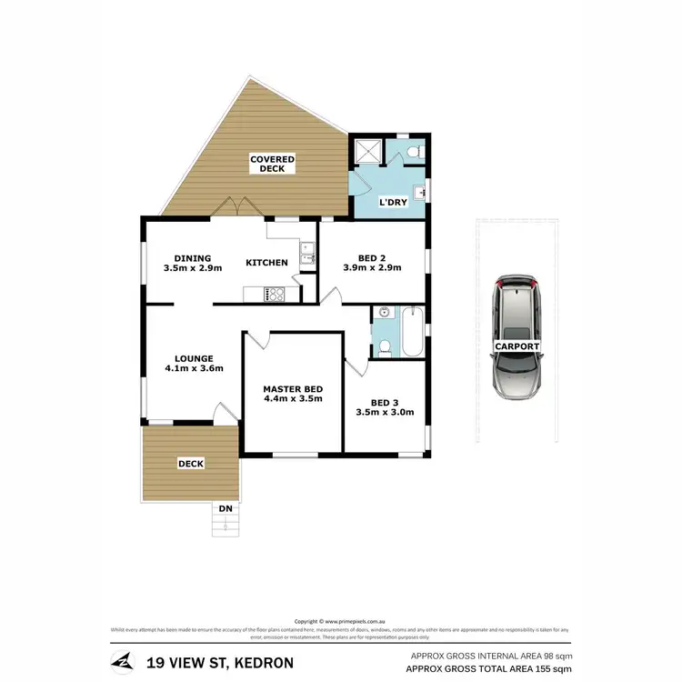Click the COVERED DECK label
click(272, 164)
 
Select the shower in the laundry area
click(367, 152)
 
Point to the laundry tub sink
click(419, 192)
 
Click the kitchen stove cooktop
click(275, 293)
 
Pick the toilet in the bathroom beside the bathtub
click(384, 347)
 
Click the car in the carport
click(517, 336)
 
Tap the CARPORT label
click(517, 346)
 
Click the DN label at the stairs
click(225, 507)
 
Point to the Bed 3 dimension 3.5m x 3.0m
click(385, 412)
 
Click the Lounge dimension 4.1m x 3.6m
click(194, 368)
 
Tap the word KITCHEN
click(267, 263)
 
